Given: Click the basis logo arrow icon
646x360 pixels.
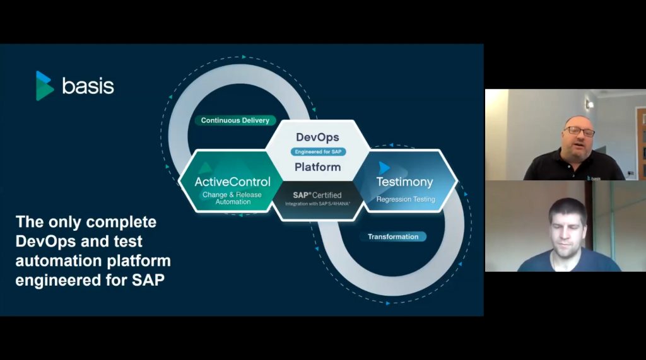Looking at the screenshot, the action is coord(45,86).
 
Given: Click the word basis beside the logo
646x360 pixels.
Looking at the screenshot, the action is coord(88,86).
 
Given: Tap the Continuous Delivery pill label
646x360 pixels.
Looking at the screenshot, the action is coord(235,120).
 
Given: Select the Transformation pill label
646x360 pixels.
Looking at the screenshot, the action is coord(393,236).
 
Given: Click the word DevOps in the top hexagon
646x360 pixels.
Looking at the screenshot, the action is coord(318,137).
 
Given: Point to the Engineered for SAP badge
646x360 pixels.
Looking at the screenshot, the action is coord(318,151).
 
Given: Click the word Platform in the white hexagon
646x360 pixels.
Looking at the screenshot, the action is coord(318,167).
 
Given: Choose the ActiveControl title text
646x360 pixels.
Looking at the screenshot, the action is coord(232,182).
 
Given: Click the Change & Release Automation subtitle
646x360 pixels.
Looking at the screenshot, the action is coord(232,198).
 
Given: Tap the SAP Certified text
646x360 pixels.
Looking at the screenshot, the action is coord(317,195).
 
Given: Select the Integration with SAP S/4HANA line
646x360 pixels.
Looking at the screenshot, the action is coord(317,204).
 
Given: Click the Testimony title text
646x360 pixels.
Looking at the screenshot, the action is coord(404,182).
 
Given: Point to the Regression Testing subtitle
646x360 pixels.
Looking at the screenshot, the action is coord(406,199).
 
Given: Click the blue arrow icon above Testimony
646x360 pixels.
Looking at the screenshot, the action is coord(384,168).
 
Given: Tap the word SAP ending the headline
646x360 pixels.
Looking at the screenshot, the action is coord(148,280).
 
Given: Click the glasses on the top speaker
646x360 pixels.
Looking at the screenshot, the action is coord(579,131).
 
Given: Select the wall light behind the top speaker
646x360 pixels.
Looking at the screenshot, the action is coord(590,104).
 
